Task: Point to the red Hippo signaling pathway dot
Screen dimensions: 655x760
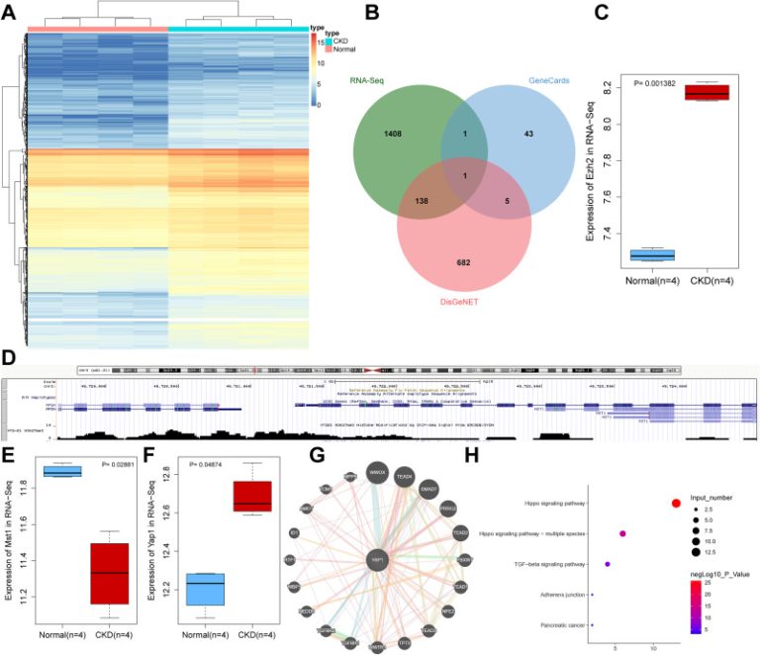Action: click(676, 504)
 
